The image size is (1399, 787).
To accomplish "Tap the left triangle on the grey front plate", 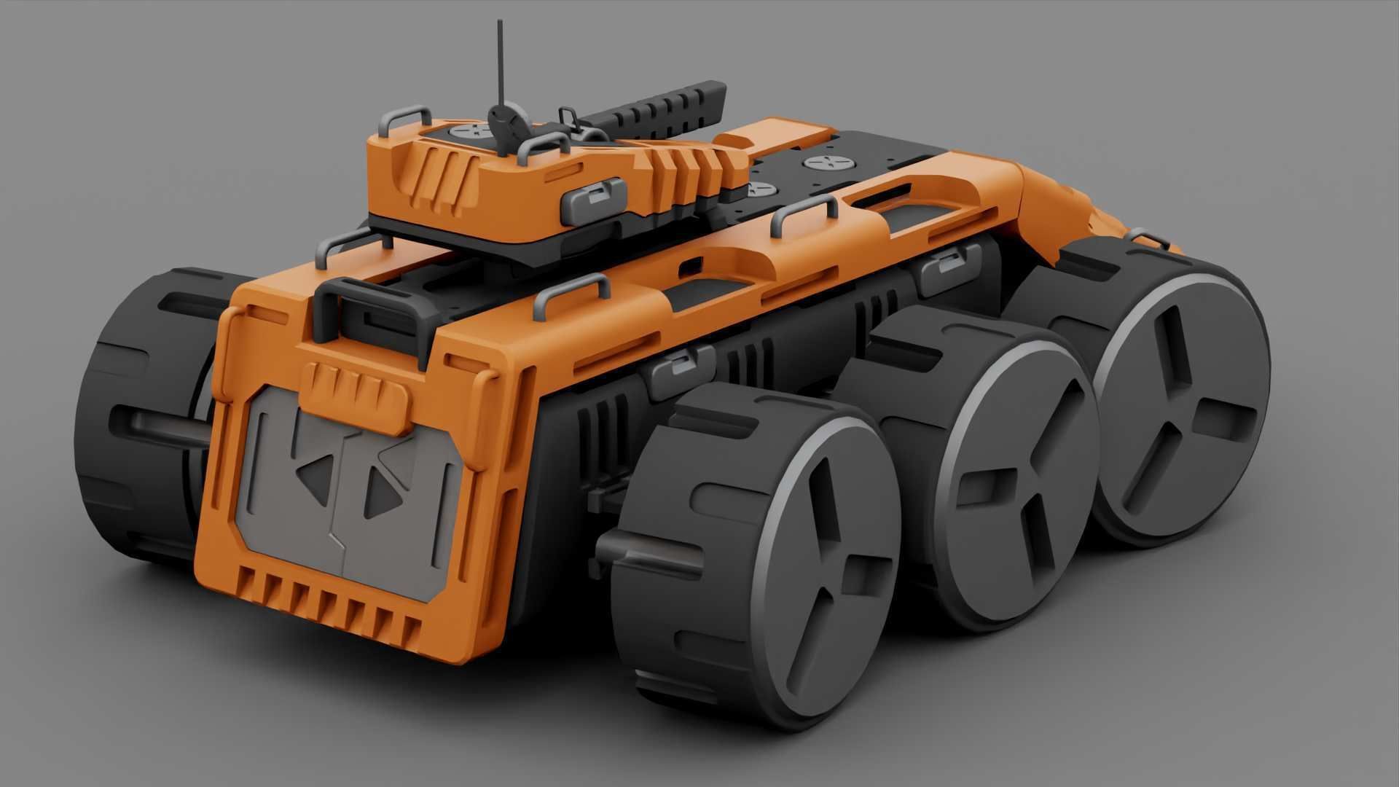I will point(315,475).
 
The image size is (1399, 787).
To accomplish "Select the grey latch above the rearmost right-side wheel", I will point(949,266).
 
